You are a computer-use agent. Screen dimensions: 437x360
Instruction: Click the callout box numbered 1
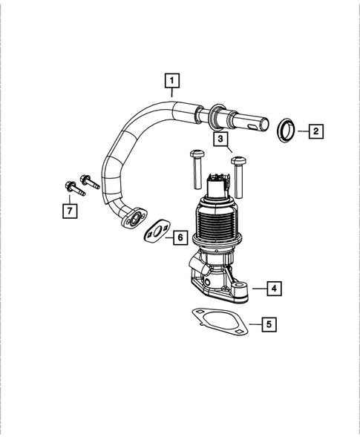pyautogui.click(x=171, y=79)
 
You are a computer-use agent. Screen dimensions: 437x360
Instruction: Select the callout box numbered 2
pyautogui.click(x=315, y=131)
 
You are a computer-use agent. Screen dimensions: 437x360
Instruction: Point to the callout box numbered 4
pyautogui.click(x=274, y=287)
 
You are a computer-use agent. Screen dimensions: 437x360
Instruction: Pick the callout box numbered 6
pyautogui.click(x=179, y=237)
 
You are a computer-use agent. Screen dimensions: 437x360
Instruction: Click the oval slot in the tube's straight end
pyautogui.click(x=256, y=127)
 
